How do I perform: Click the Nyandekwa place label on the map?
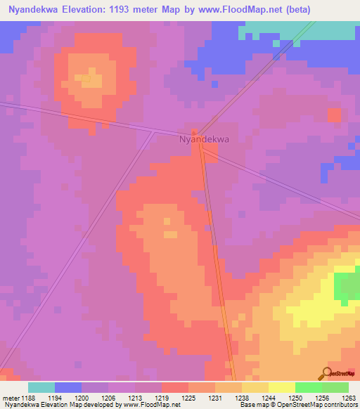[x=204, y=139]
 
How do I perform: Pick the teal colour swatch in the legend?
[x=41, y=387]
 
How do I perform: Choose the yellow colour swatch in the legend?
[x=282, y=387]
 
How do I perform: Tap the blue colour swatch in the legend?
[x=68, y=387]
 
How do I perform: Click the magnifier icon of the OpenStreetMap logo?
[x=328, y=374]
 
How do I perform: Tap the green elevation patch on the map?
[x=346, y=288]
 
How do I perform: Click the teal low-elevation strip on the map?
[x=302, y=32]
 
